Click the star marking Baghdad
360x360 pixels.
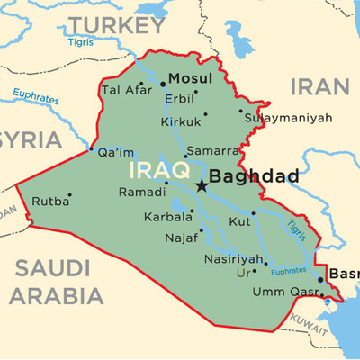click(x=201, y=185)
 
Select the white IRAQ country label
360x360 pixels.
click(x=159, y=169)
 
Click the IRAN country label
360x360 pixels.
click(x=319, y=86)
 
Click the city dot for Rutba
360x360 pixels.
click(x=69, y=194)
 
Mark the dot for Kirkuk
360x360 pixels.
click(x=205, y=113)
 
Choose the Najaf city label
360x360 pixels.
click(x=180, y=238)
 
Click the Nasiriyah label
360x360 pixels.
click(x=230, y=259)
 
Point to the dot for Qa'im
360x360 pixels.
click(x=91, y=148)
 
